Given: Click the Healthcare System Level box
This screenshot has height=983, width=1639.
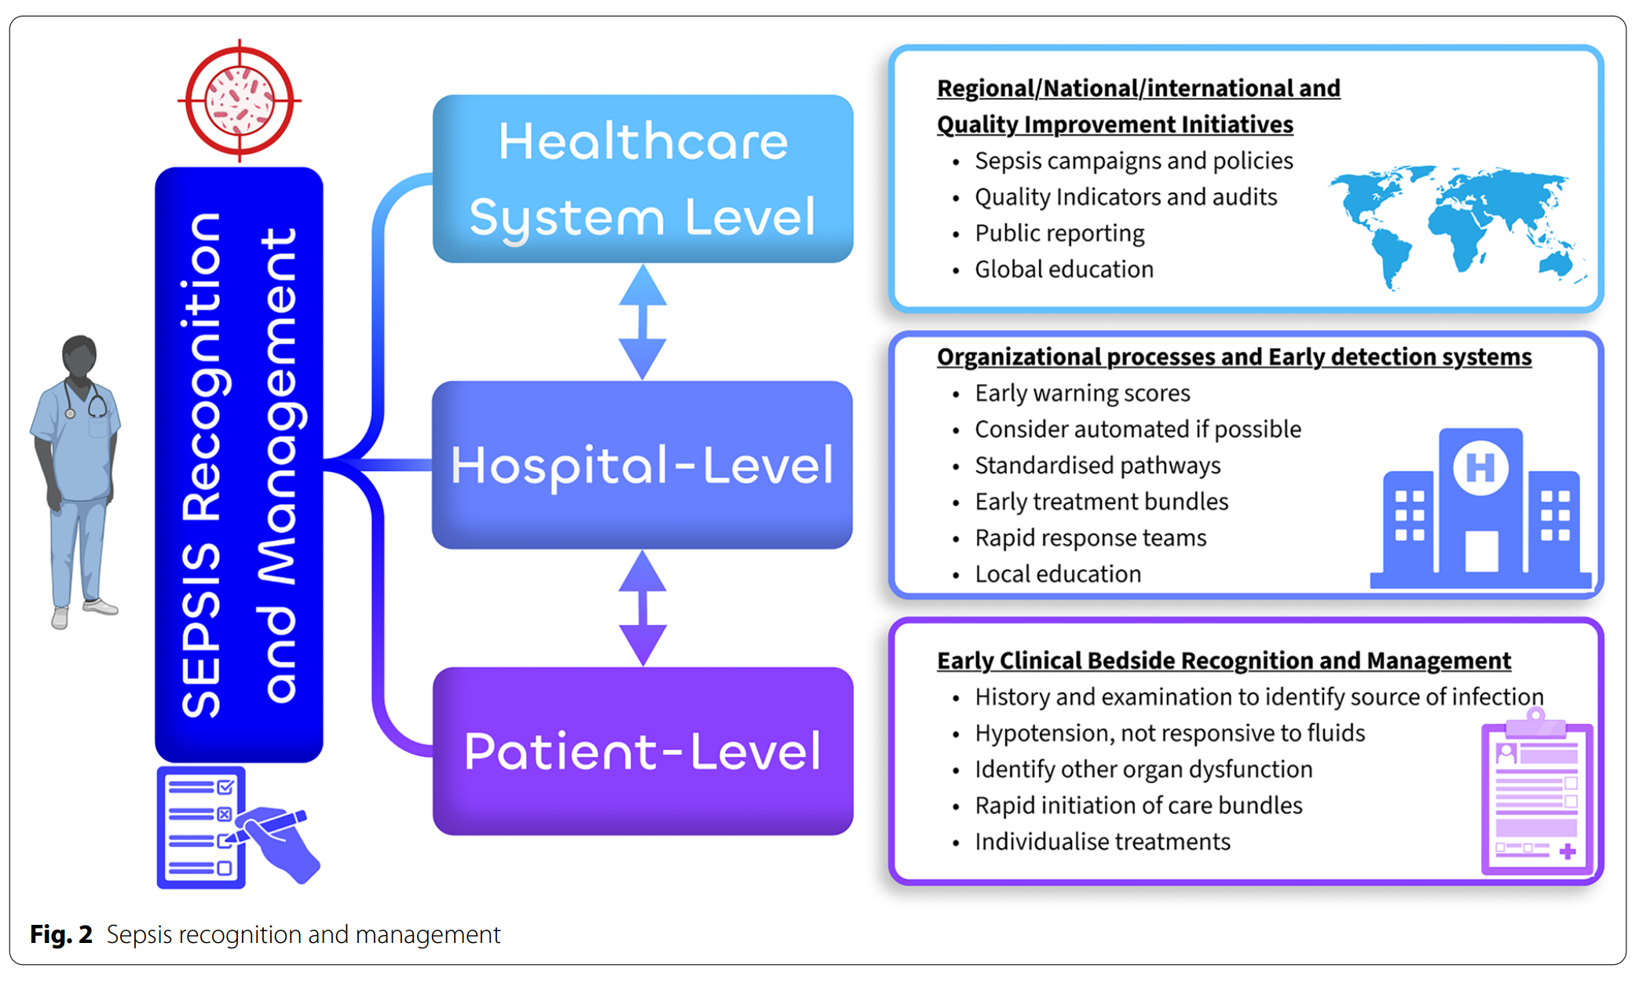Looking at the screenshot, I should click(x=642, y=179).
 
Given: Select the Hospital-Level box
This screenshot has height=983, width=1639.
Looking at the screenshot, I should click(x=642, y=465).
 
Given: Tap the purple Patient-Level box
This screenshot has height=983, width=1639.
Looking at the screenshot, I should click(x=642, y=751).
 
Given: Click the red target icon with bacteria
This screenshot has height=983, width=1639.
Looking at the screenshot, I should click(x=240, y=101).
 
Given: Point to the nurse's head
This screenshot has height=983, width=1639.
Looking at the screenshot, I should click(x=79, y=357).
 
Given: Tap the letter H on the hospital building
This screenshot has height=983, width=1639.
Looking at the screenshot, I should click(x=1480, y=468).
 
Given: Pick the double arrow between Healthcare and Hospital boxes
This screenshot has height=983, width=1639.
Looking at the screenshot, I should click(x=642, y=322).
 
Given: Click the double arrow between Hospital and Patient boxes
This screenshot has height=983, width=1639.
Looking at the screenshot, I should click(x=642, y=608).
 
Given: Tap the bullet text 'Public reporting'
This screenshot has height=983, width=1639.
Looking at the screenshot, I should click(x=1059, y=233).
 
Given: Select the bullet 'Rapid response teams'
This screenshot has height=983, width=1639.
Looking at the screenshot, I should click(x=1090, y=538).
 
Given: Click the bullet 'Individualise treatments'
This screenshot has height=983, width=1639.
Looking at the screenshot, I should click(x=1102, y=842).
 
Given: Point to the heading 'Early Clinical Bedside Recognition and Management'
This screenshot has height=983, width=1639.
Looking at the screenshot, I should click(x=1224, y=661).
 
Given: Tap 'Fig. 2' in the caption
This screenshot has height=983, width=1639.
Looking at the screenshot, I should click(x=60, y=934).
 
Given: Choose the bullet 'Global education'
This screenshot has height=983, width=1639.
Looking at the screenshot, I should click(x=1063, y=269).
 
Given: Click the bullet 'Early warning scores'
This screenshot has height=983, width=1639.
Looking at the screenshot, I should click(x=1081, y=393).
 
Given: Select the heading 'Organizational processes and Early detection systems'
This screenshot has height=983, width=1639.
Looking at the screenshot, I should click(x=1234, y=357).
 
